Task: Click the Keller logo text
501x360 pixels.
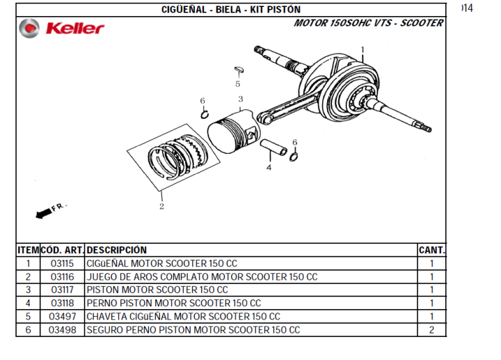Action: pos(75,28)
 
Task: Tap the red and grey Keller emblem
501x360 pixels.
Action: pos(29,28)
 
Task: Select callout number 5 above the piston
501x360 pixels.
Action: pos(238,84)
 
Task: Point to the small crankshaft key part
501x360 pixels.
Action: pos(239,70)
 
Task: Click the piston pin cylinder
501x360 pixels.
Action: pos(273,148)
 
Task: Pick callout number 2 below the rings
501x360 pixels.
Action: pos(161,206)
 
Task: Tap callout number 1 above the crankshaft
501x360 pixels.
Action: pos(363,50)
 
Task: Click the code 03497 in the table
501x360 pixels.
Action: pos(63,317)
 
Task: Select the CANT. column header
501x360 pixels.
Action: pos(431,250)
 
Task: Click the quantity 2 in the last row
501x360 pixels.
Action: pos(431,330)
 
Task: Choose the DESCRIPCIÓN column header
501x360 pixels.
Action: pos(117,250)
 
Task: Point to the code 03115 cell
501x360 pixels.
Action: pos(63,263)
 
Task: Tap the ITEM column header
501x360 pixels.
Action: pos(28,250)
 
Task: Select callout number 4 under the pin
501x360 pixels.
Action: pos(269,167)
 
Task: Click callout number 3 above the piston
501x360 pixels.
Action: pos(241,99)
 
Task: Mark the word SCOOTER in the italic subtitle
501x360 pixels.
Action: pos(422,23)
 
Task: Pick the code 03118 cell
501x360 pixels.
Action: pos(63,303)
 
